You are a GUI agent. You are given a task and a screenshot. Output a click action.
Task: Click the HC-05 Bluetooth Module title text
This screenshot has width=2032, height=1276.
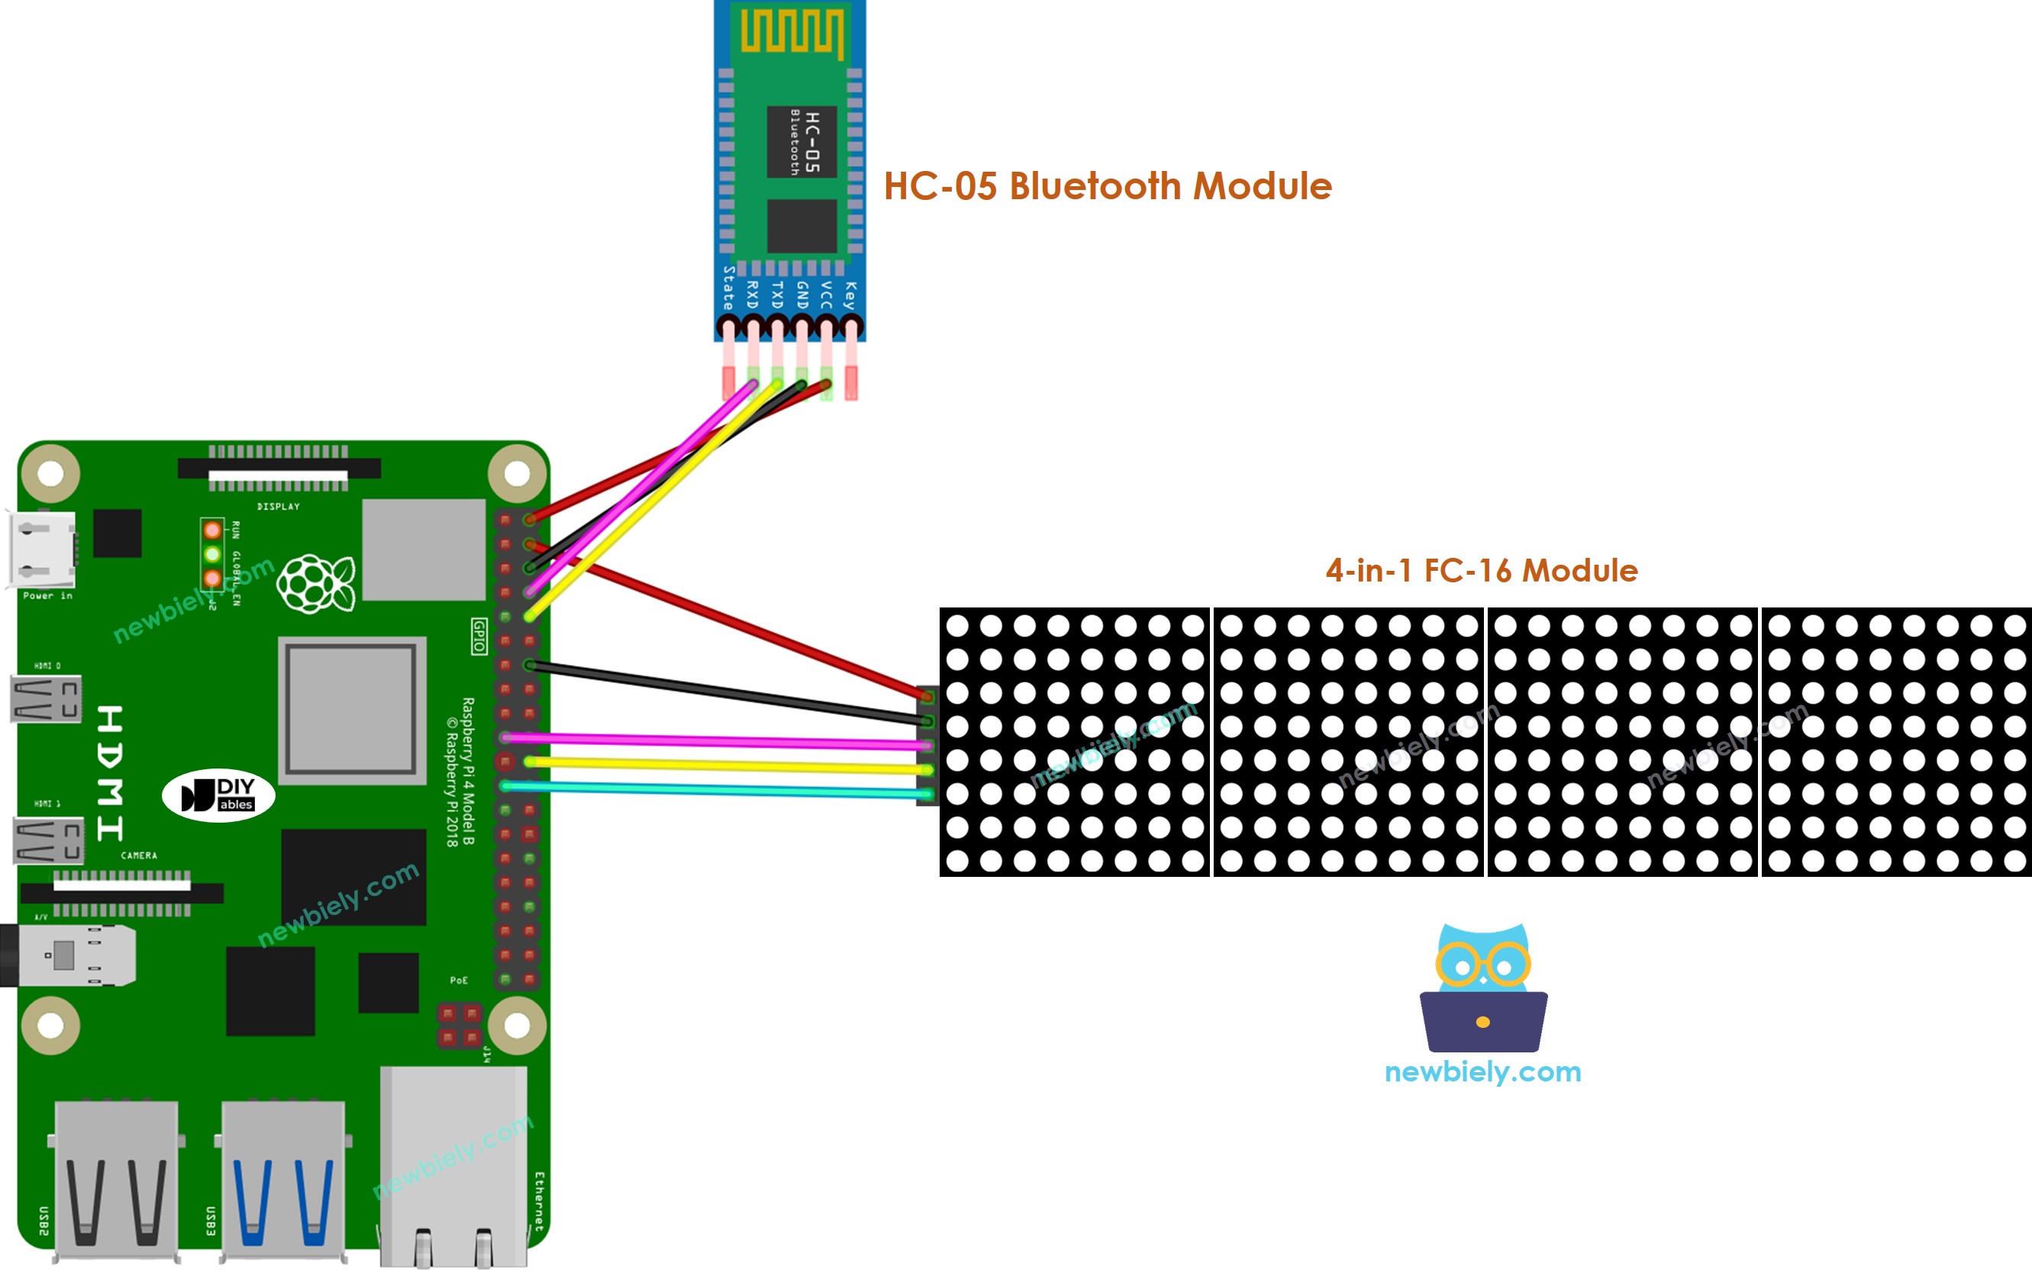tap(1107, 185)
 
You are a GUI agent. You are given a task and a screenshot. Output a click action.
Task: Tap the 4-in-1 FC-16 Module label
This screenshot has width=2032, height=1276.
tap(1481, 571)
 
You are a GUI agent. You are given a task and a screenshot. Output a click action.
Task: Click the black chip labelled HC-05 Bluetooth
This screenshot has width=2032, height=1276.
tap(802, 142)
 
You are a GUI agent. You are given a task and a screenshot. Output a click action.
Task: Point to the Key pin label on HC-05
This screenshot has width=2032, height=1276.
tap(850, 295)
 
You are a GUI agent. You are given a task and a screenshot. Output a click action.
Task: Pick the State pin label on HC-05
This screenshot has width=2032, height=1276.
tap(727, 287)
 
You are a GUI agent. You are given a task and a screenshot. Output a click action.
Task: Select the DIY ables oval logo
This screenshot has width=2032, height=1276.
tap(218, 795)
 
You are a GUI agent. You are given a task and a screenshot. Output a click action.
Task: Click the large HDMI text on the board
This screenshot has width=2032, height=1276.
tap(111, 773)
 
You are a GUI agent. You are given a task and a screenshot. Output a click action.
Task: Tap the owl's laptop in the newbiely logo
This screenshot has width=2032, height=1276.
tap(1482, 1021)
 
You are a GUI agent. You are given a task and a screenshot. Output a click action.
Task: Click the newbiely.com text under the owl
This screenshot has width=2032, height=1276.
tap(1482, 1071)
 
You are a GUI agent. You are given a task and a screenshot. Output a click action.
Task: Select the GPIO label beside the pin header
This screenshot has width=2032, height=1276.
tap(479, 636)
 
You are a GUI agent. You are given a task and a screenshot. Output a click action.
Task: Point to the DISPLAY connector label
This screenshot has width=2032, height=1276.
tap(279, 506)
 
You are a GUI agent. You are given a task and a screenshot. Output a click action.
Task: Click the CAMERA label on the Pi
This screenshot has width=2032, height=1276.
tap(139, 855)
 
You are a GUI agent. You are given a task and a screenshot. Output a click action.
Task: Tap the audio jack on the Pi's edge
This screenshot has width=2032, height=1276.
tap(67, 955)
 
